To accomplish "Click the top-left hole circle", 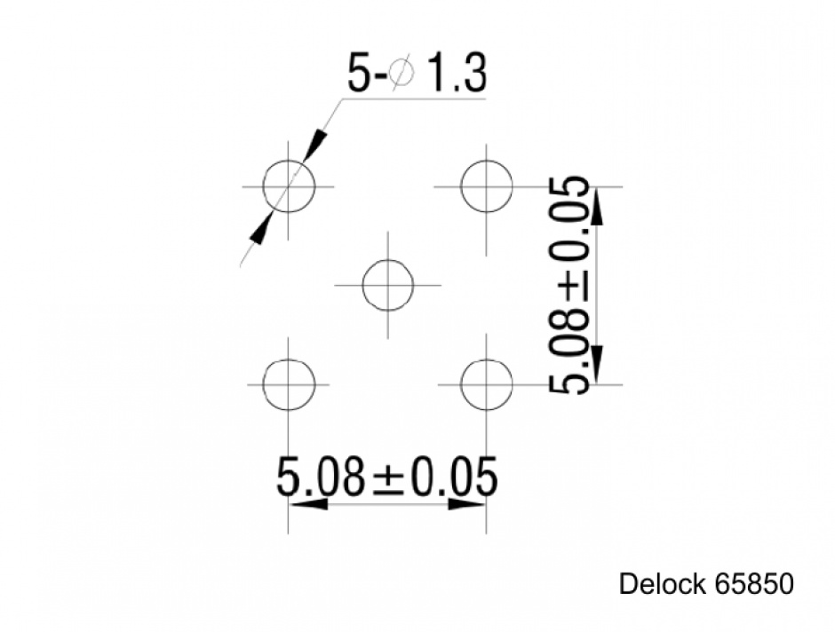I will point(289,187).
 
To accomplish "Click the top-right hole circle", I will point(486,186).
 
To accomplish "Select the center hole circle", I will point(387,286).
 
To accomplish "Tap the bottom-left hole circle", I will point(289,384).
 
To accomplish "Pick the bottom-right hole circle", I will point(487,384).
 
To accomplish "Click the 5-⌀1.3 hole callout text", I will point(417,75).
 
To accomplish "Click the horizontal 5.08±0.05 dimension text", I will point(386,478).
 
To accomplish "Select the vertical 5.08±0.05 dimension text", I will point(569,285).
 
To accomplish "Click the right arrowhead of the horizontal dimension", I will point(466,504).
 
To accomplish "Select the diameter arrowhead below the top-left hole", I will point(260,229).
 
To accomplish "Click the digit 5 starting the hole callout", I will point(356,75).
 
